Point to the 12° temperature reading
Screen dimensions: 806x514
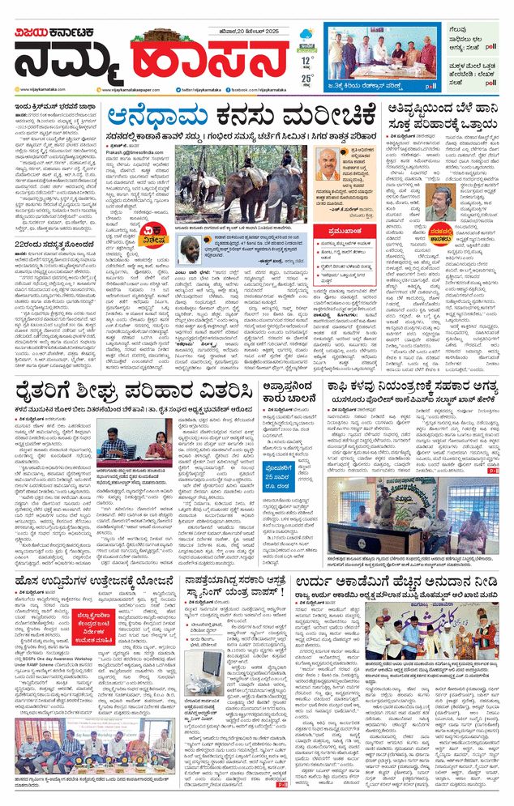click(x=306, y=60)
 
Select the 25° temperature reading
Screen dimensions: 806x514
click(x=306, y=78)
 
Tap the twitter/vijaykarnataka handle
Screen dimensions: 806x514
click(x=199, y=90)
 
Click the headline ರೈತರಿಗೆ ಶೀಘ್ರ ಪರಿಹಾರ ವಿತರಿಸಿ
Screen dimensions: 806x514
click(x=131, y=391)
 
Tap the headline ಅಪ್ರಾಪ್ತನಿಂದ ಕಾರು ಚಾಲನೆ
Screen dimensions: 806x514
click(x=296, y=390)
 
